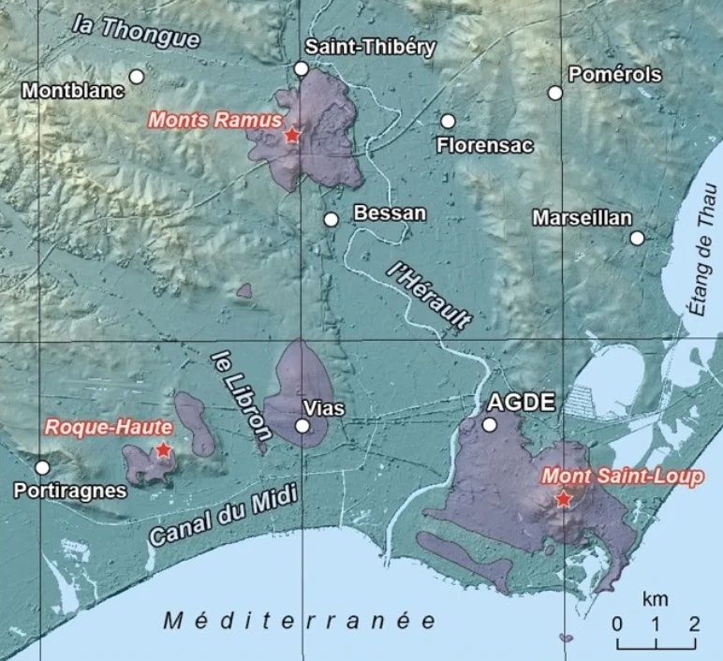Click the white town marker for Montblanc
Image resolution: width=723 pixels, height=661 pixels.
pos(137,76)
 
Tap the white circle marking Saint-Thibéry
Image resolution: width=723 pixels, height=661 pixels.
pos(301,68)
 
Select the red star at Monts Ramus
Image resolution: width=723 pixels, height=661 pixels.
pos(291,136)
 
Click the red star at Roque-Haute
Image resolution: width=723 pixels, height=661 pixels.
pos(163,450)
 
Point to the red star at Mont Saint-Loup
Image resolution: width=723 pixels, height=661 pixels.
pos(562,499)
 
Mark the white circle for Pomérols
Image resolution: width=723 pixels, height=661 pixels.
pos(555,93)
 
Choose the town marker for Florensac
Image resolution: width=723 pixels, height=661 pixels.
pos(448,121)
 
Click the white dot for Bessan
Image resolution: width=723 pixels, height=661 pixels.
pos(331,219)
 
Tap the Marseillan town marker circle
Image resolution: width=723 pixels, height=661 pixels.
pos(637,238)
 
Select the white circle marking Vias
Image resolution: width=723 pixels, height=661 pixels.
pos(302,426)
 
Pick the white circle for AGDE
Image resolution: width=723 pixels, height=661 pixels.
pos(489,425)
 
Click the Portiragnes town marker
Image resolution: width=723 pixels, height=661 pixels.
pos(42,467)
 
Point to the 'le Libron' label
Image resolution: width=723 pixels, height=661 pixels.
pos(240,394)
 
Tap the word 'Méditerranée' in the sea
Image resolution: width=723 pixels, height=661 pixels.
pos(300,620)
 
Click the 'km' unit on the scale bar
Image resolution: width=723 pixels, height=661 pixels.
pos(655,597)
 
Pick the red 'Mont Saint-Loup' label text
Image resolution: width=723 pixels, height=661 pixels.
pos(622,477)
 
